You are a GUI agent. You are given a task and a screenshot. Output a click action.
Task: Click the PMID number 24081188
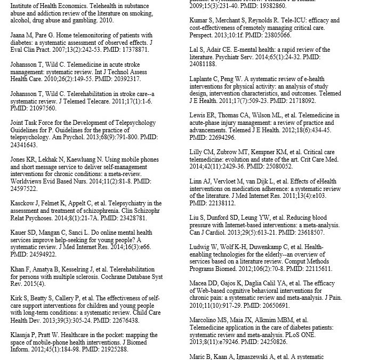[203, 64]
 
